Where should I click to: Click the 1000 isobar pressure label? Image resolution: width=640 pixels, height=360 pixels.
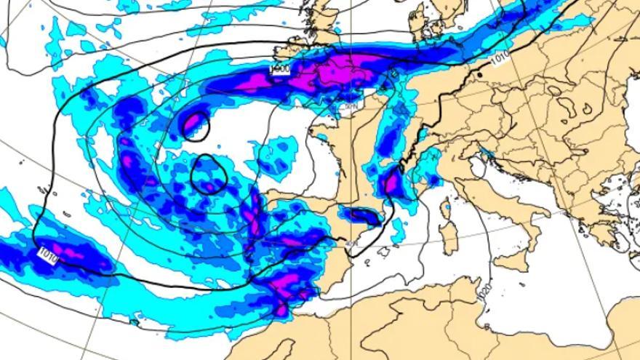click(279, 69)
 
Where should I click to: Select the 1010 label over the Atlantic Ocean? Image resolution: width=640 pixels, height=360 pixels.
click(47, 255)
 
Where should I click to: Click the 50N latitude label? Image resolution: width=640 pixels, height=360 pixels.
click(351, 106)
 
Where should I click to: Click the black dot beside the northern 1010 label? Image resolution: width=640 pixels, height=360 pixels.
click(480, 73)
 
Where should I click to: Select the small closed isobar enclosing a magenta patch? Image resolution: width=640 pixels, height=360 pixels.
click(195, 126)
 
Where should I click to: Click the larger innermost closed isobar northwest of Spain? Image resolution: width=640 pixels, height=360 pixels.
click(209, 175)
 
